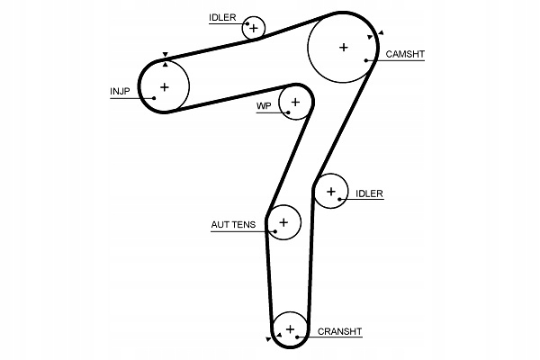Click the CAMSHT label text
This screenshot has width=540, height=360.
(x=405, y=55)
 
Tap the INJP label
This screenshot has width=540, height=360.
(x=120, y=91)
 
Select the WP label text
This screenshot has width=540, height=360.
(x=264, y=106)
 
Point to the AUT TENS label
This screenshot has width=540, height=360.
(x=233, y=224)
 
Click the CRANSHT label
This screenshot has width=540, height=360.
(x=340, y=332)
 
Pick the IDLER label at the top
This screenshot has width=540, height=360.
(x=222, y=18)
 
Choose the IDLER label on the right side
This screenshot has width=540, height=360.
(x=369, y=193)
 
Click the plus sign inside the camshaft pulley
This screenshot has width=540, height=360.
(x=343, y=47)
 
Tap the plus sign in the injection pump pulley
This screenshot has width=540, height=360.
(x=164, y=87)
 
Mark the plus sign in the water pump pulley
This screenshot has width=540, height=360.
(x=294, y=103)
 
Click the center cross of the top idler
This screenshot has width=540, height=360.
(x=254, y=28)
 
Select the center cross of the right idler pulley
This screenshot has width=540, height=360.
(x=331, y=191)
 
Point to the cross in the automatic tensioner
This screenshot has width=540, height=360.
(x=283, y=221)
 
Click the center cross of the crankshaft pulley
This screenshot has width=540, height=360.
(x=290, y=328)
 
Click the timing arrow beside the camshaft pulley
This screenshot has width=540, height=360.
(x=381, y=32)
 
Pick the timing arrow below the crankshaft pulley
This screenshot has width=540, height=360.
(x=268, y=339)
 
